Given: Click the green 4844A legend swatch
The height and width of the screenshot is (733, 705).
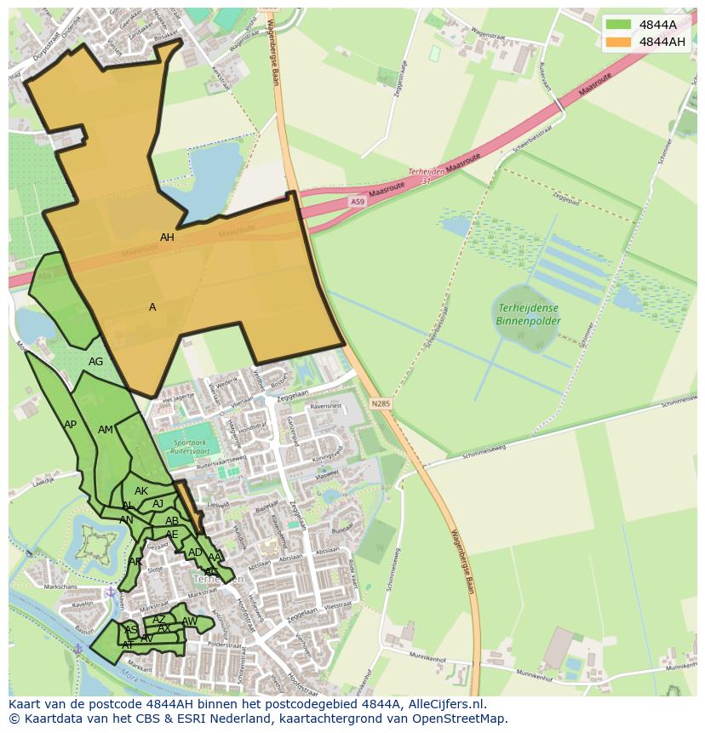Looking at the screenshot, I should pyautogui.click(x=618, y=25).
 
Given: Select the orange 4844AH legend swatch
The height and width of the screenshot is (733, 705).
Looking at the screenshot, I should pyautogui.click(x=618, y=42).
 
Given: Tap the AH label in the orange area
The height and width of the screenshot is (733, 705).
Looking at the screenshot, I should pyautogui.click(x=167, y=238).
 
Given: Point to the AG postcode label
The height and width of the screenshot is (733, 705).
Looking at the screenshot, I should pyautogui.click(x=95, y=362).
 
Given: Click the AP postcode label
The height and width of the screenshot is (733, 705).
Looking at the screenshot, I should pyautogui.click(x=70, y=424).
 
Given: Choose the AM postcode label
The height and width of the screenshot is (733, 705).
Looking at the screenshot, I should pyautogui.click(x=105, y=430).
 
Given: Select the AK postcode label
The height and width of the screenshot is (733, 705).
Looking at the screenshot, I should pyautogui.click(x=141, y=491).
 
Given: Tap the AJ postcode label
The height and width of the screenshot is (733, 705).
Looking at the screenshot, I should pyautogui.click(x=158, y=504).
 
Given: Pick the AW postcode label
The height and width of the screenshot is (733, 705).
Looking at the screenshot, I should pyautogui.click(x=189, y=621).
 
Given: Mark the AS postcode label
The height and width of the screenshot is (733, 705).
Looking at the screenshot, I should pyautogui.click(x=131, y=630).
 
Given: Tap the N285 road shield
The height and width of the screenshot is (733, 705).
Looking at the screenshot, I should pyautogui.click(x=381, y=403).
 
